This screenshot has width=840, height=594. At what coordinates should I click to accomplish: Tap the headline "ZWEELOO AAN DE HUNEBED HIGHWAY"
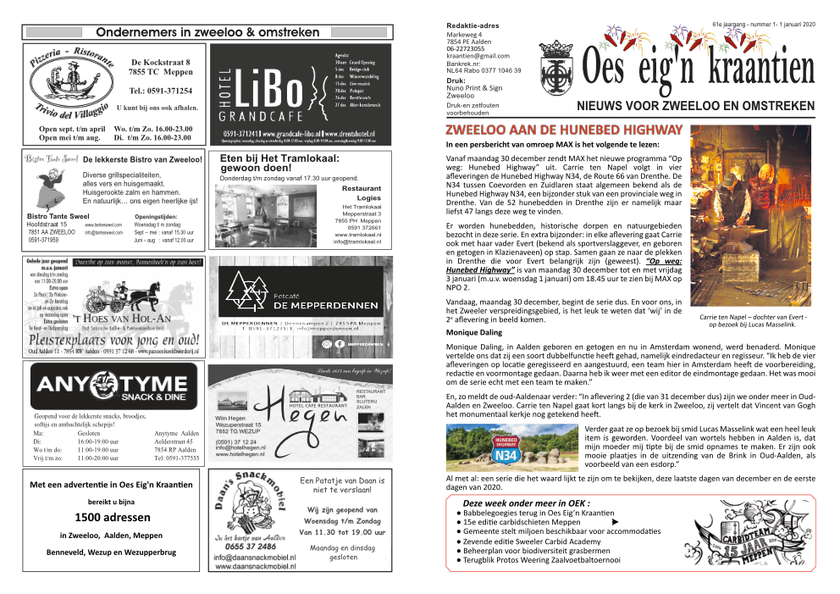(x=564, y=130)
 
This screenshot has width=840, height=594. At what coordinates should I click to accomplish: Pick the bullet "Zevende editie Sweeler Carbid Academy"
(x=530, y=541)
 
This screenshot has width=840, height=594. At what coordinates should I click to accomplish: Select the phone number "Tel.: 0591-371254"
(x=161, y=91)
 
